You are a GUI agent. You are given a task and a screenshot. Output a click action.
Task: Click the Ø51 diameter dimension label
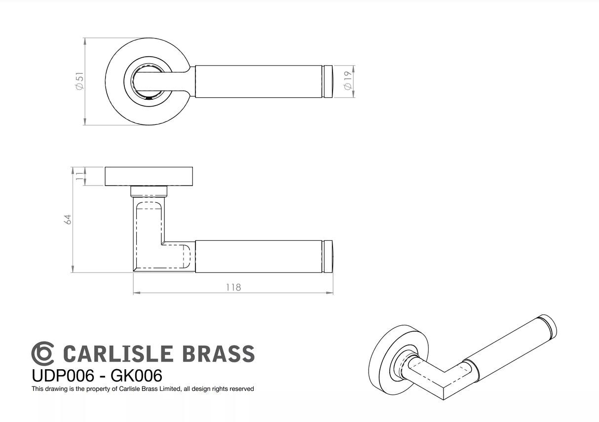click(79, 81)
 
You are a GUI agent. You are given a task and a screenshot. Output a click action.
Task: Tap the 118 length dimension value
click(233, 287)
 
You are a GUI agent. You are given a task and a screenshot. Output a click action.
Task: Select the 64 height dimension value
click(69, 220)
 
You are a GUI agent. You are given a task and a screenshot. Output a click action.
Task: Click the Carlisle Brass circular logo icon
click(43, 353)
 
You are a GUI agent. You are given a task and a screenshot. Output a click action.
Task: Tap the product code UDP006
click(63, 376)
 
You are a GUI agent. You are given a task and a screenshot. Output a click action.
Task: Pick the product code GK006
click(136, 376)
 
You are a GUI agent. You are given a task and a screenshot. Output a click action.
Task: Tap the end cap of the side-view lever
click(328, 256)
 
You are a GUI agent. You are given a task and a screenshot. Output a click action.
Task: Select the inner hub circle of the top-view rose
click(146, 81)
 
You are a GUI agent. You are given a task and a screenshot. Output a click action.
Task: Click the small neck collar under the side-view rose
click(149, 191)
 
